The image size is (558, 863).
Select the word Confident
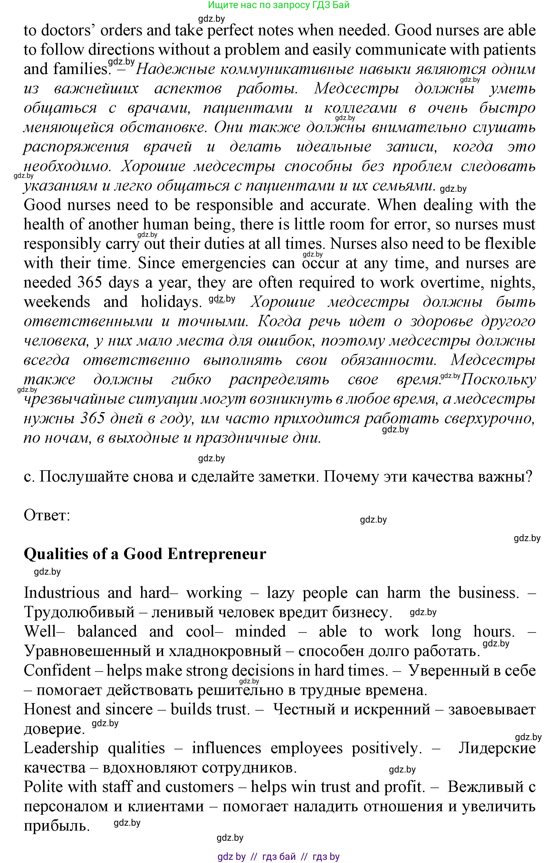(x=57, y=671)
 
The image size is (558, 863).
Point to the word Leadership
(x=61, y=748)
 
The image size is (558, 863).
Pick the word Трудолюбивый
(x=79, y=613)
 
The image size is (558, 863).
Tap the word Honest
(x=47, y=709)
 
